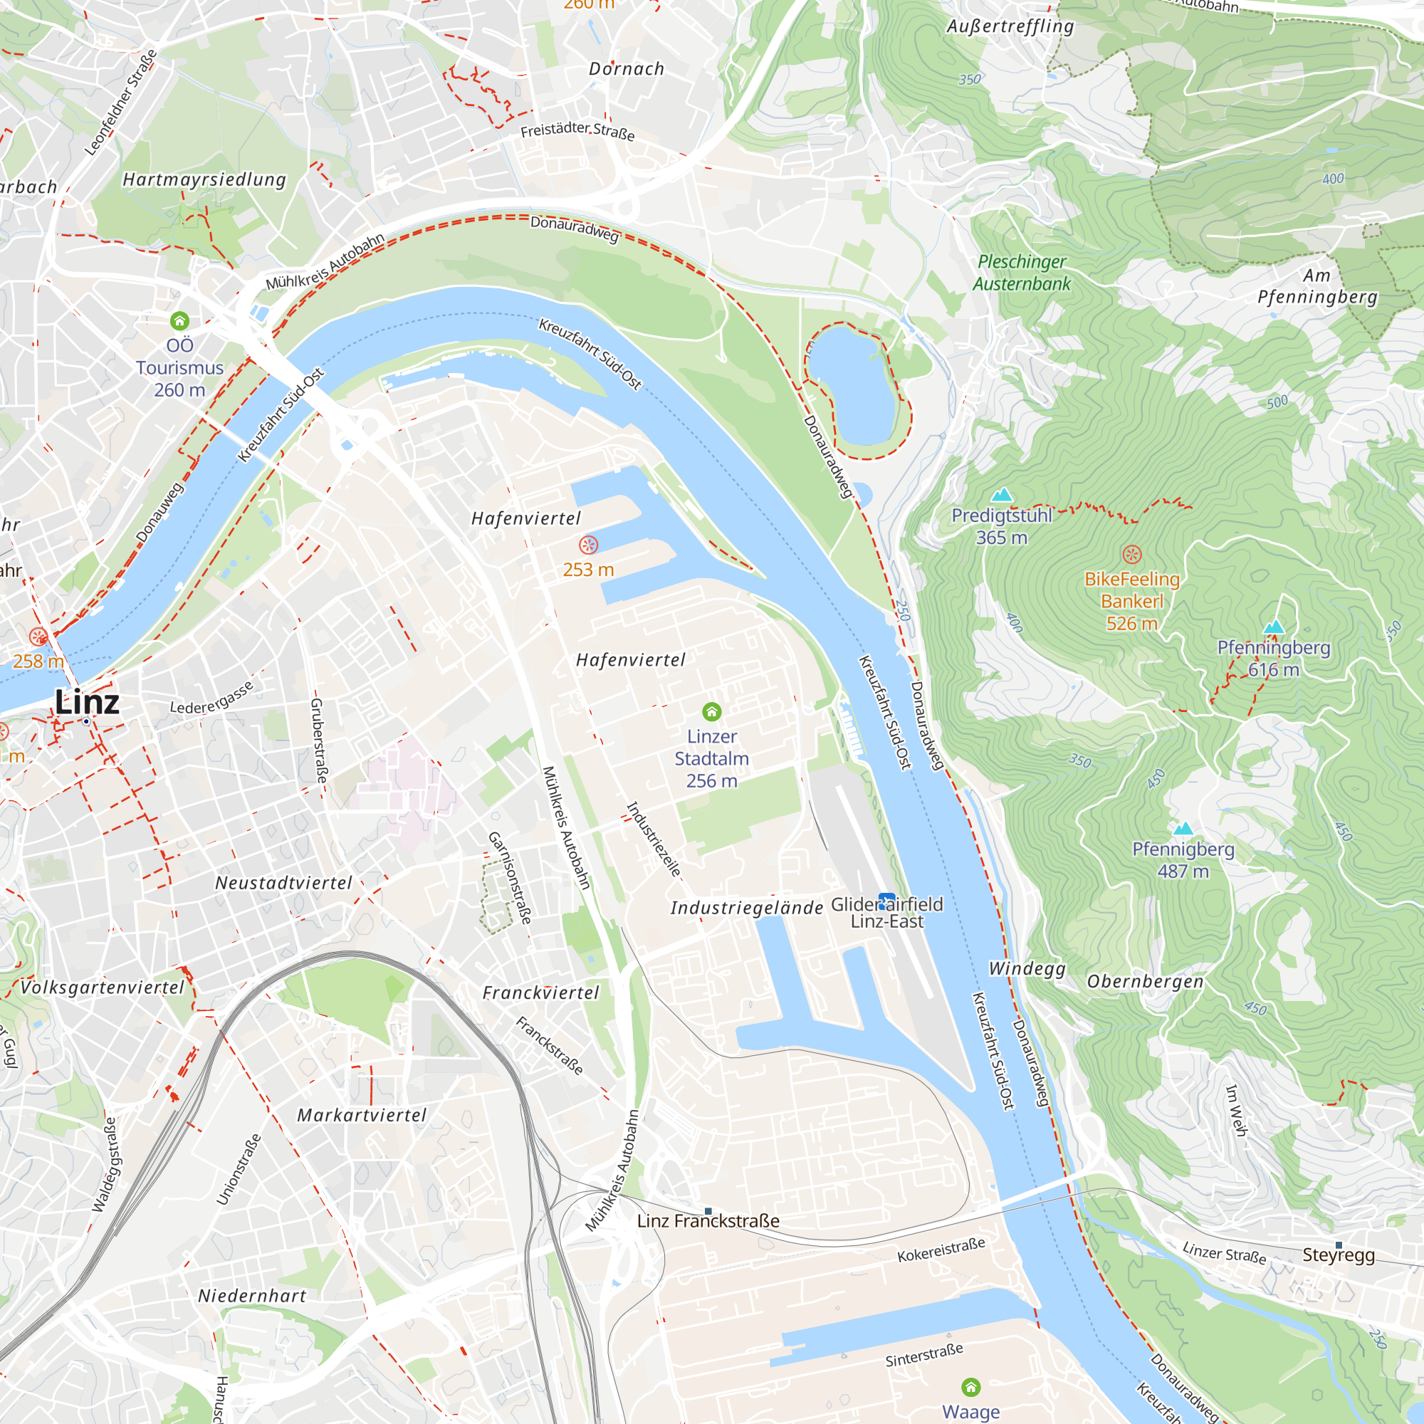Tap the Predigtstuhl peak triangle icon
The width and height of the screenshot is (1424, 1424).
pyautogui.click(x=1001, y=495)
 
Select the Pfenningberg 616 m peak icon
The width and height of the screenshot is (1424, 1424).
pyautogui.click(x=1274, y=627)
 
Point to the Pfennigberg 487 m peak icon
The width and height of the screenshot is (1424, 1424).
pyautogui.click(x=1183, y=829)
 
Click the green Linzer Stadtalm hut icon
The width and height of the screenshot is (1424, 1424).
pyautogui.click(x=711, y=711)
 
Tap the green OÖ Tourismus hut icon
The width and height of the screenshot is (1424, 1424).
pyautogui.click(x=180, y=320)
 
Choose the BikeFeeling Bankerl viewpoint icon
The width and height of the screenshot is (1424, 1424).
pyautogui.click(x=1132, y=554)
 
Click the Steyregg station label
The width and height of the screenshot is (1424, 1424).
pyautogui.click(x=1339, y=1255)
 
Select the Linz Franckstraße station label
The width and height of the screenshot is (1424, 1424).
pyautogui.click(x=708, y=1220)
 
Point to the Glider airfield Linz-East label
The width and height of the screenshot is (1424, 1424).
pyautogui.click(x=886, y=913)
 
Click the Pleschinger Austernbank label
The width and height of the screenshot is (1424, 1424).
pyautogui.click(x=1022, y=273)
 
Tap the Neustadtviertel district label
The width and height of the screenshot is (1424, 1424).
pyautogui.click(x=284, y=882)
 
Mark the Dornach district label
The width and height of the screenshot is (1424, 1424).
pyautogui.click(x=627, y=69)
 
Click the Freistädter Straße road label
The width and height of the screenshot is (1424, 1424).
pyautogui.click(x=577, y=131)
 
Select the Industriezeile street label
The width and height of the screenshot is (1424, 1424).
pyautogui.click(x=653, y=839)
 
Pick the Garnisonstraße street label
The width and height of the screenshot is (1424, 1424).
pyautogui.click(x=509, y=878)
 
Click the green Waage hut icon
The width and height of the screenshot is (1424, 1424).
pyautogui.click(x=970, y=1388)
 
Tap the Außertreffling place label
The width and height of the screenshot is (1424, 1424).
pyautogui.click(x=1010, y=27)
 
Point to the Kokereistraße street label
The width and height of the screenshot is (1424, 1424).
pyautogui.click(x=941, y=1250)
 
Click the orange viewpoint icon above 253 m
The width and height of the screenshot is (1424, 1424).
pyautogui.click(x=588, y=545)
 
